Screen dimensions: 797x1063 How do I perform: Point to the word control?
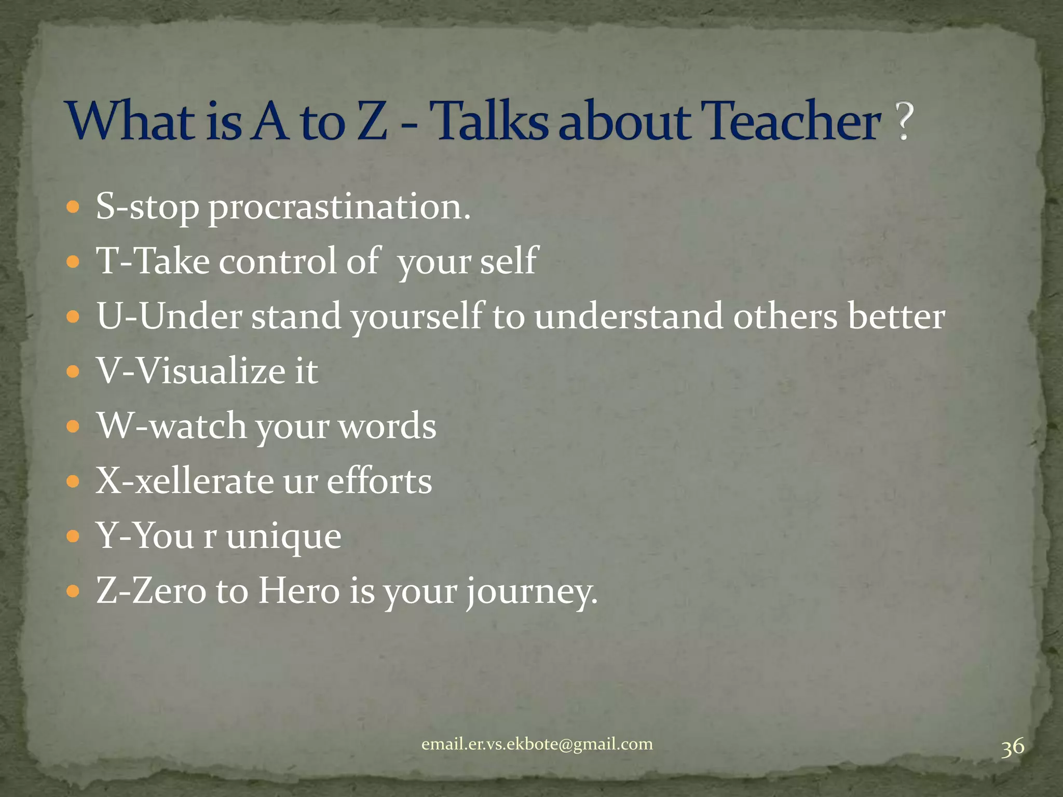[278, 260]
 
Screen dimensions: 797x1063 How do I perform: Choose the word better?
[896, 316]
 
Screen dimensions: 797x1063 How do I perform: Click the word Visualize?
[211, 371]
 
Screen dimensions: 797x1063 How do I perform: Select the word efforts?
[379, 481]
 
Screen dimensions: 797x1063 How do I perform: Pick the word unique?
[283, 537]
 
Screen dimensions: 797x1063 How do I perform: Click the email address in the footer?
[537, 744]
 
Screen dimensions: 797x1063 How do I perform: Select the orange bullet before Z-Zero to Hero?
[73, 591]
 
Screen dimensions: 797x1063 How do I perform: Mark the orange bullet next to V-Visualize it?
[73, 372]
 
